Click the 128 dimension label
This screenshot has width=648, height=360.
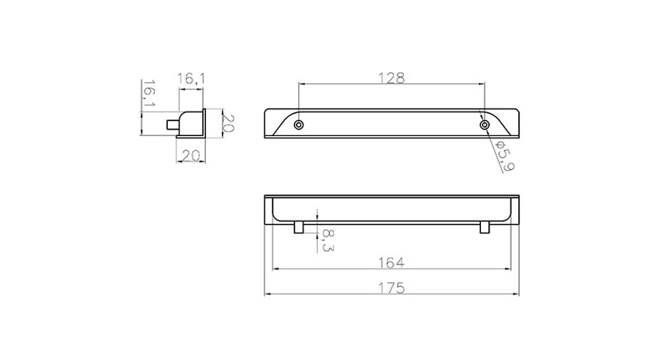[392, 78]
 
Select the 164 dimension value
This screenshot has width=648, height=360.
[392, 263]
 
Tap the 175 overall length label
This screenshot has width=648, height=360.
[392, 288]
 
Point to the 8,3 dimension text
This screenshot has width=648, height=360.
[328, 240]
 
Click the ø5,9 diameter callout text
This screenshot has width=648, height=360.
[505, 156]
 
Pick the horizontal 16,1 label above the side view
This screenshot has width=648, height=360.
[191, 78]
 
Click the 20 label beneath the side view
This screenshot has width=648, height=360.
[191, 156]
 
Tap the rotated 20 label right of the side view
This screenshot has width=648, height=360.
[228, 122]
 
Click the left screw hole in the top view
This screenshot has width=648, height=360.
[298, 125]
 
